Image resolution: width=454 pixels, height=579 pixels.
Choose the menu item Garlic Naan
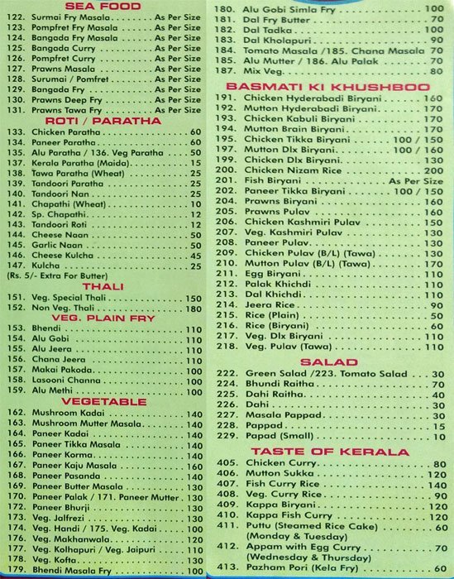pos(53,244)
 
